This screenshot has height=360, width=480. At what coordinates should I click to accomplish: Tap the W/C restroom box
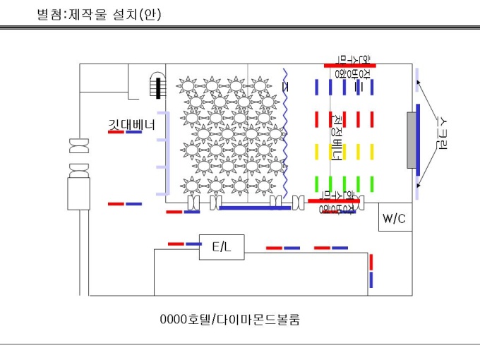click(394, 219)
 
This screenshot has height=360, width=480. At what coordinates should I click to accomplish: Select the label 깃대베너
click(131, 124)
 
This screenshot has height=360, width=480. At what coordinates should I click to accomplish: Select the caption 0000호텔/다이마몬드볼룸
click(230, 320)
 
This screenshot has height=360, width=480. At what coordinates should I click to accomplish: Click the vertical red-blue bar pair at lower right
click(371, 271)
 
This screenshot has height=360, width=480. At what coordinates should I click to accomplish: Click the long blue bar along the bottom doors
click(244, 208)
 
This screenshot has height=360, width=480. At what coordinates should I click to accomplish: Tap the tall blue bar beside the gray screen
click(419, 141)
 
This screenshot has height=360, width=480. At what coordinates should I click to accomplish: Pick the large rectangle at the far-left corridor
click(76, 195)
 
